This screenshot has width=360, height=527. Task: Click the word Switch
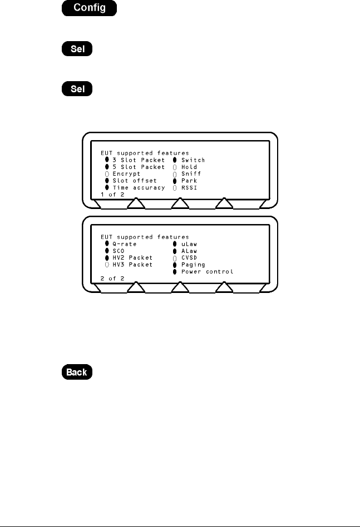click(193, 160)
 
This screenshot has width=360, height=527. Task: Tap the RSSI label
click(189, 188)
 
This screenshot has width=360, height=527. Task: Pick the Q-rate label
click(124, 244)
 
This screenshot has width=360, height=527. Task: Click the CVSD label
click(189, 258)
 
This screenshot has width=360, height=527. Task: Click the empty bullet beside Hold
click(174, 167)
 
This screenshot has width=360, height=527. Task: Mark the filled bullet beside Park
click(174, 181)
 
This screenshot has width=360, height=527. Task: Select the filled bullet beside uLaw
click(174, 244)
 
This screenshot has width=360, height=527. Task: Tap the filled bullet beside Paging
click(174, 265)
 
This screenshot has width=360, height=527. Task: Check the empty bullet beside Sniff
click(174, 174)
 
